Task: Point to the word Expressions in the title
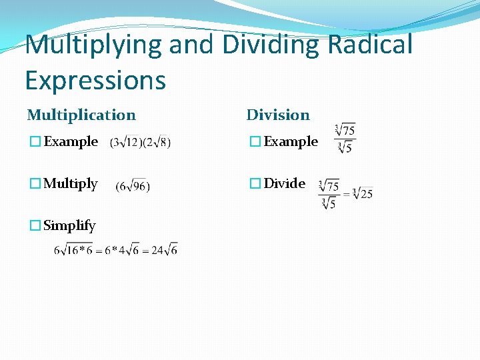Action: tap(95, 81)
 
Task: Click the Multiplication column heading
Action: tap(81, 115)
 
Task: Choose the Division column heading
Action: tap(278, 115)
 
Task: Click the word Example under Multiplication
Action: tap(71, 142)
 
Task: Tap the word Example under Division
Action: tap(291, 142)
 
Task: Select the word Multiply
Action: tap(71, 184)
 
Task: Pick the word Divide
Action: tap(285, 183)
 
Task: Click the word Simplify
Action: tap(69, 226)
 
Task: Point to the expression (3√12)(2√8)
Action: tap(140, 142)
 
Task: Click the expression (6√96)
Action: tap(133, 186)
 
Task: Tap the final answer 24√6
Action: tap(164, 249)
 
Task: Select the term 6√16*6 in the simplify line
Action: tap(73, 249)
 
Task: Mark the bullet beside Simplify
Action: tap(35, 226)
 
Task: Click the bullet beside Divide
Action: tap(255, 184)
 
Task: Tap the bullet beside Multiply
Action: tap(35, 184)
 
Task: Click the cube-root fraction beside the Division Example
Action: tap(345, 139)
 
